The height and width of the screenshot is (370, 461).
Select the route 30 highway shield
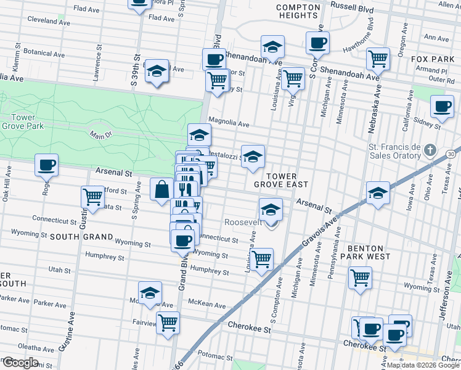(452, 153)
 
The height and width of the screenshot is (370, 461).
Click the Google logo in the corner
(20, 363)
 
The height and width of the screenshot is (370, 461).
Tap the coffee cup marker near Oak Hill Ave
(47, 166)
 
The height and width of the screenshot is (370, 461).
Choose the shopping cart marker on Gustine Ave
(92, 197)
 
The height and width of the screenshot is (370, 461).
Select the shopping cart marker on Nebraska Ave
(378, 59)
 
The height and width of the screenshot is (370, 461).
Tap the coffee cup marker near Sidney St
(442, 106)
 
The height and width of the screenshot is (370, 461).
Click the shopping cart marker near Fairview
(168, 323)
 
